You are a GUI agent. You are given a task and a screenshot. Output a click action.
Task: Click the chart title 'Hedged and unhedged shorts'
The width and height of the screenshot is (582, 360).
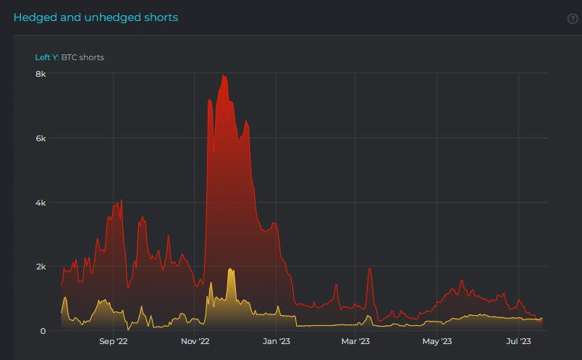pyautogui.click(x=96, y=17)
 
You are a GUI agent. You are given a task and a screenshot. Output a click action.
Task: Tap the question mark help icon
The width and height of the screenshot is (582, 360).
pyautogui.click(x=573, y=19)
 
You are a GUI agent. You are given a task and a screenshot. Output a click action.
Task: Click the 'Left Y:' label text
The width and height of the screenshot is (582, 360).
pyautogui.click(x=47, y=57)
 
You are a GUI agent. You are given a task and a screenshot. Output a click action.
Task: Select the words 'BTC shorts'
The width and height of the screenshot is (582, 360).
pyautogui.click(x=83, y=57)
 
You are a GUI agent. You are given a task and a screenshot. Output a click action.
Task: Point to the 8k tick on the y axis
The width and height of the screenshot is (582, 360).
pyautogui.click(x=41, y=74)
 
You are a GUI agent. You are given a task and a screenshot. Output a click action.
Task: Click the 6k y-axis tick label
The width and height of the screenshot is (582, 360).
pyautogui.click(x=41, y=138)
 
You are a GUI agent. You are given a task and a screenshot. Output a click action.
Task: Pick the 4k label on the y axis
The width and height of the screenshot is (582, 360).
pyautogui.click(x=41, y=203)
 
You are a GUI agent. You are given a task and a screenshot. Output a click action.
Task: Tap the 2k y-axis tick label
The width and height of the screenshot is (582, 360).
pyautogui.click(x=41, y=267)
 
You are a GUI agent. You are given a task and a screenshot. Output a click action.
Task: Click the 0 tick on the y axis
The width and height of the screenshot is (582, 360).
pyautogui.click(x=43, y=331)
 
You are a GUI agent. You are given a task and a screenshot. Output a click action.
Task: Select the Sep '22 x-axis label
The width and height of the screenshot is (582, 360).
pyautogui.click(x=113, y=341)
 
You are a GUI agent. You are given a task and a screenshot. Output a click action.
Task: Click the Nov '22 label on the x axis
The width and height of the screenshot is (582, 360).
pyautogui.click(x=195, y=341)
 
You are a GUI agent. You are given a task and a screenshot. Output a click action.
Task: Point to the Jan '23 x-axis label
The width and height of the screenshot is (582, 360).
pyautogui.click(x=276, y=341)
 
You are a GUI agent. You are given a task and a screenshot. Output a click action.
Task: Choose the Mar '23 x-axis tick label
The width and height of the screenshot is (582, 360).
pyautogui.click(x=355, y=341)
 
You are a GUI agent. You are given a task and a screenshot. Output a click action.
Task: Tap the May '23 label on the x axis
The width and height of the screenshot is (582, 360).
pyautogui.click(x=437, y=341)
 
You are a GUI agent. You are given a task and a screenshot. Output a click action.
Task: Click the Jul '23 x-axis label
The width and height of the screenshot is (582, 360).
pyautogui.click(x=518, y=341)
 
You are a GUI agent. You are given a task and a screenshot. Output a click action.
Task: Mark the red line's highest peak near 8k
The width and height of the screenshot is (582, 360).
pyautogui.click(x=223, y=75)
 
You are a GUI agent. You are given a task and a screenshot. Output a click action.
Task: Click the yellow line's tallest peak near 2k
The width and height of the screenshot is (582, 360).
pyautogui.click(x=230, y=269)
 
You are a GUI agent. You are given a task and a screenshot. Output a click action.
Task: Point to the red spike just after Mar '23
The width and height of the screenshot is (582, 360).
pyautogui.click(x=370, y=269)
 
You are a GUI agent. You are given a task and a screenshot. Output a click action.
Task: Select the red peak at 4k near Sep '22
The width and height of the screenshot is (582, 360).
pyautogui.click(x=122, y=200)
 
